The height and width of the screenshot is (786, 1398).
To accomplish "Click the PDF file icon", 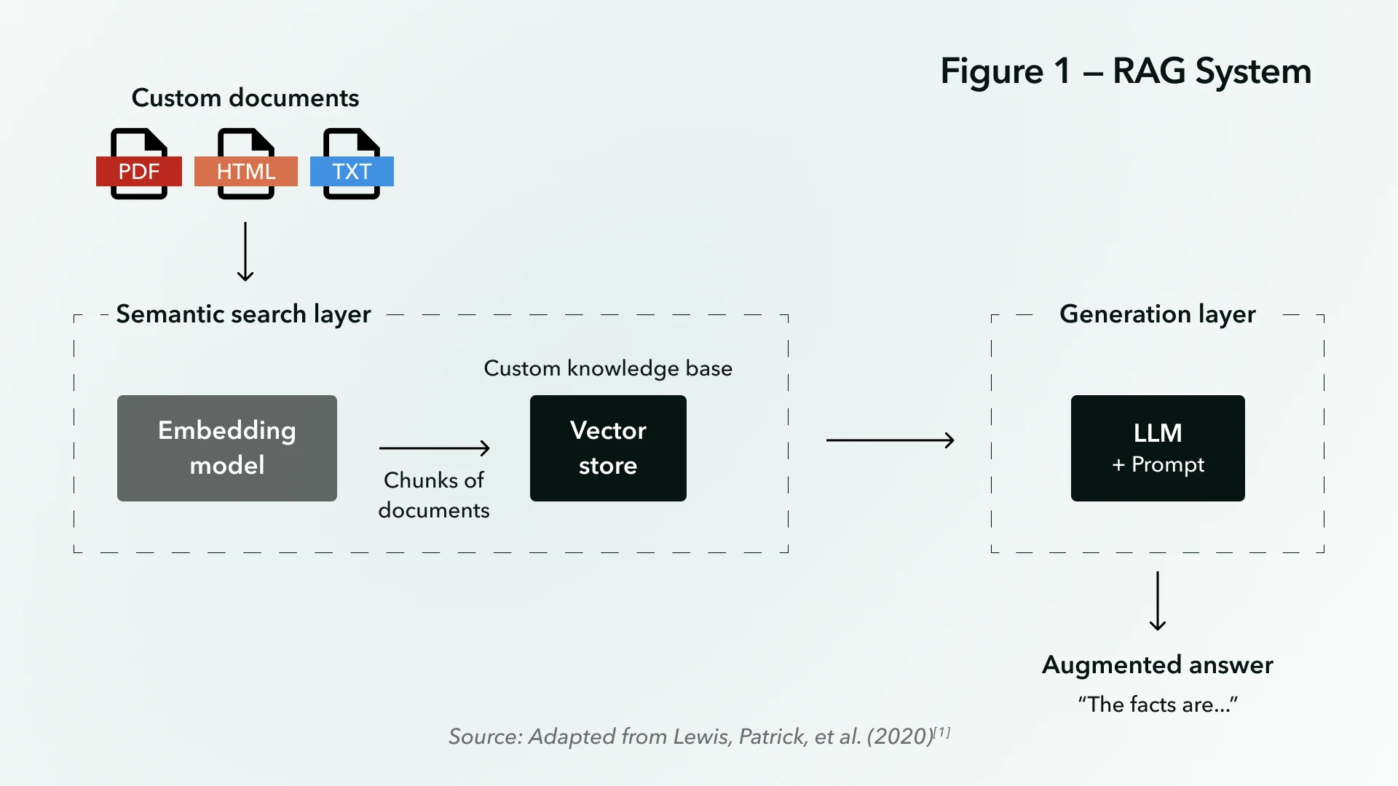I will (139, 164).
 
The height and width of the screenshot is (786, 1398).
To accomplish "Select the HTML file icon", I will (246, 164).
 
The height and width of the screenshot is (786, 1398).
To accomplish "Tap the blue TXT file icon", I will (352, 164).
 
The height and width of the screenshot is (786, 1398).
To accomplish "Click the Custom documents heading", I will (245, 98).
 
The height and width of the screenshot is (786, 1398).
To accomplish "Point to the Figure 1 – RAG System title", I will (1126, 71).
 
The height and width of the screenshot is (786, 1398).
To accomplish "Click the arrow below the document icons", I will (245, 252).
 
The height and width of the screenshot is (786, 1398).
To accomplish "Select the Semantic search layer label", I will (243, 314).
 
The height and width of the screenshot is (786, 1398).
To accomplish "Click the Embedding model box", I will (227, 448).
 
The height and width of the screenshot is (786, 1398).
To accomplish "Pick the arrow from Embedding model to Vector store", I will (434, 448).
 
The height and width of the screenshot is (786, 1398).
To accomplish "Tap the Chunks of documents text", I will (434, 495).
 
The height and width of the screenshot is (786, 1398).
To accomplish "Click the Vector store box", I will (608, 448).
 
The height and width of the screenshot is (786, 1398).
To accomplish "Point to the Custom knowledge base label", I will (608, 368).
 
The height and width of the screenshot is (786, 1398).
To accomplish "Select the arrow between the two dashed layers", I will (890, 440).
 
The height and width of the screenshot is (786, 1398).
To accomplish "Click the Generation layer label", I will (1157, 314).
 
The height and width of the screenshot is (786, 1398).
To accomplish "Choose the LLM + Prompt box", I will (1158, 448).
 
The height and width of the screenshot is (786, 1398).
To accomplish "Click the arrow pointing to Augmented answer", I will (1158, 601).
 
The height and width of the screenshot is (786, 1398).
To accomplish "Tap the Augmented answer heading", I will (1157, 665).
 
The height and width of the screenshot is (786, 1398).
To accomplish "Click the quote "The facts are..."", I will (1157, 704).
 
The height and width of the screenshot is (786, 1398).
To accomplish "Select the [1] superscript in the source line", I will (943, 731).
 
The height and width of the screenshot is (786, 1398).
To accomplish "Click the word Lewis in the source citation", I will (701, 737).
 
